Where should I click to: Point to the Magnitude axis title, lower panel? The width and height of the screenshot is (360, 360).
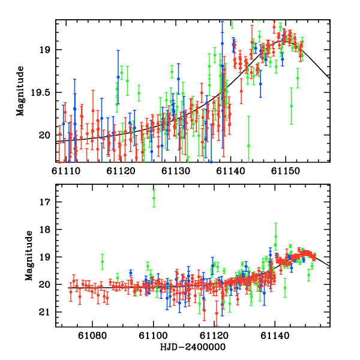pos(28,257)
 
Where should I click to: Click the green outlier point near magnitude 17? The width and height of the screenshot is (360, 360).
pos(154,198)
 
